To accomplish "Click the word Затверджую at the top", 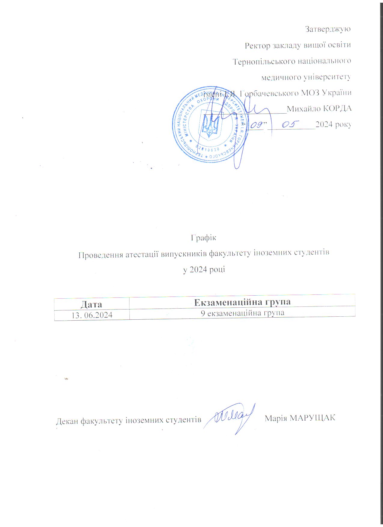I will [x=328, y=29].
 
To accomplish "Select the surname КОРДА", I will [x=337, y=108].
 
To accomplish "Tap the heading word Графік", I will [x=204, y=238].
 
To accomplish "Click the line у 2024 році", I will [x=204, y=270].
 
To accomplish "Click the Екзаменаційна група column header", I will [x=242, y=302].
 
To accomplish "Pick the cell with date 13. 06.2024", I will [x=92, y=315].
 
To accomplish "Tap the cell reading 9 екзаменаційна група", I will [x=242, y=313].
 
